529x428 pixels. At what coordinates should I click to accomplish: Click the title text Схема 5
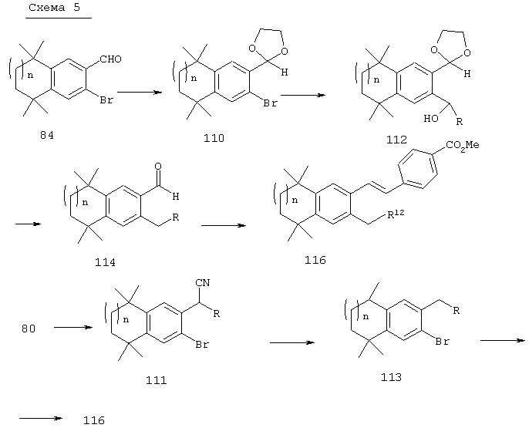tap(55, 8)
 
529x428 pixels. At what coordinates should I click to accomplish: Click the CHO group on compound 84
tap(111, 59)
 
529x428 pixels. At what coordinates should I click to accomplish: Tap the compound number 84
tap(47, 136)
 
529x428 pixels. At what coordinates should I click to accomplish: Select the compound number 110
tap(214, 138)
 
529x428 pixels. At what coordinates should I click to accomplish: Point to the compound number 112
tap(396, 140)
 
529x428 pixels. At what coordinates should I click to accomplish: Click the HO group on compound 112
tap(431, 119)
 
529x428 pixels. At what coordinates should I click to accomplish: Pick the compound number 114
tap(105, 262)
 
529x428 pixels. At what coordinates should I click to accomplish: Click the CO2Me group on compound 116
tap(463, 146)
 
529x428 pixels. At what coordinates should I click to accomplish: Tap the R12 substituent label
tap(396, 214)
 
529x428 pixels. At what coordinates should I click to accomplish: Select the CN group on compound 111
tap(203, 283)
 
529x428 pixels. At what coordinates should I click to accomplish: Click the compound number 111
tap(157, 380)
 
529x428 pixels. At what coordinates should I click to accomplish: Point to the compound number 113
tap(392, 377)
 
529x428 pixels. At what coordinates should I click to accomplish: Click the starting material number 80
tap(29, 329)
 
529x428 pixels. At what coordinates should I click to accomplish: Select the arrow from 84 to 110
tap(140, 92)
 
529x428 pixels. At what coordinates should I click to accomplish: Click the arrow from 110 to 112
tap(303, 95)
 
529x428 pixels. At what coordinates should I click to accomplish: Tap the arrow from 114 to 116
tap(224, 225)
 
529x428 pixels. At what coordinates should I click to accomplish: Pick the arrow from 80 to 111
tap(73, 327)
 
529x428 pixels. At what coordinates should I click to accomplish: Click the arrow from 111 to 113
tap(292, 342)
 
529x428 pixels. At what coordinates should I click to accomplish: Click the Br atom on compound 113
tap(443, 342)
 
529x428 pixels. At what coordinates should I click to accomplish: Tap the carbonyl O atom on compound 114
tap(158, 167)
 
